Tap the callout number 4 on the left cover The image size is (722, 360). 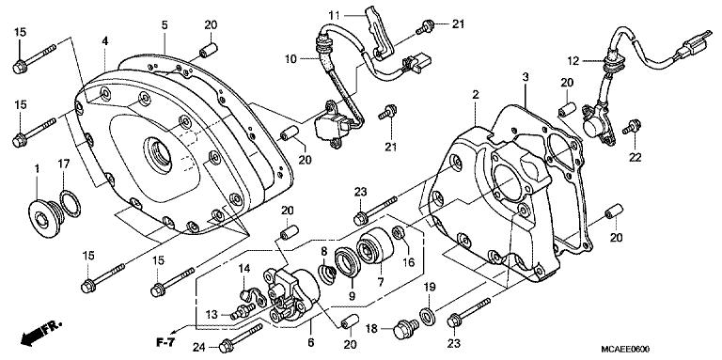click(x=105, y=40)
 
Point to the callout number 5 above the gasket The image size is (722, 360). click(x=164, y=24)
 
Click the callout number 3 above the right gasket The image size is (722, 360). click(x=525, y=75)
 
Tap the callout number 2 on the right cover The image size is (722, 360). click(x=476, y=95)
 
